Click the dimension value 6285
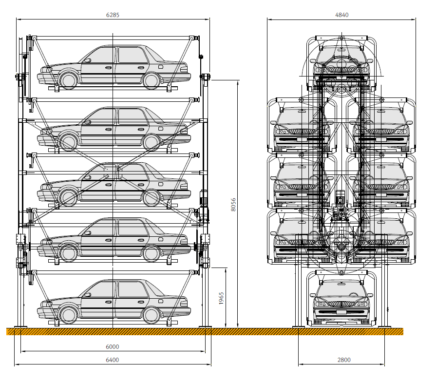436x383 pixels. pyautogui.click(x=113, y=15)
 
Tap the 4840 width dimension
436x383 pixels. pyautogui.click(x=342, y=15)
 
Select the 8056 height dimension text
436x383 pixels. pyautogui.click(x=233, y=204)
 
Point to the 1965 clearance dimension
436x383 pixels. pyautogui.click(x=221, y=298)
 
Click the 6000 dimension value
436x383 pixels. pyautogui.click(x=113, y=346)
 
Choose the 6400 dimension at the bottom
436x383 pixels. pyautogui.click(x=113, y=360)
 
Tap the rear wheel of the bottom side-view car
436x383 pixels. pyautogui.click(x=152, y=315)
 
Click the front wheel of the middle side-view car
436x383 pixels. pyautogui.click(x=69, y=197)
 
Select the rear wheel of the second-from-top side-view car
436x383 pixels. pyautogui.click(x=152, y=142)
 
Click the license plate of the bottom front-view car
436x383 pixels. pyautogui.click(x=341, y=311)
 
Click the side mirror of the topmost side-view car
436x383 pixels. pyautogui.click(x=88, y=60)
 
